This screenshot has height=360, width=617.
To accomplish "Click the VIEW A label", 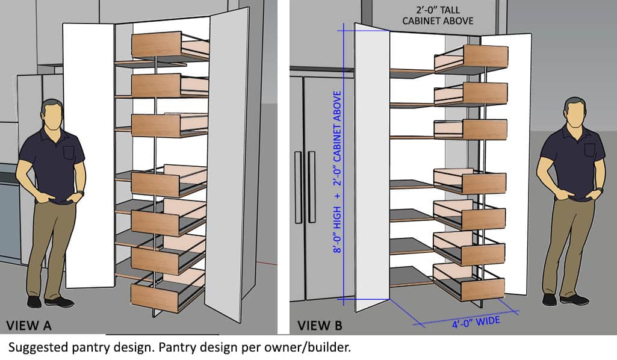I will coord(28,326).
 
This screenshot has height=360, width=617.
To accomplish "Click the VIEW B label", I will coord(320,326).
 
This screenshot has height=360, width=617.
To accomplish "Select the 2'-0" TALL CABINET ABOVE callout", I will coord(438,16).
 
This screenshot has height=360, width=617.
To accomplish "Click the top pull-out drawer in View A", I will coord(156,45).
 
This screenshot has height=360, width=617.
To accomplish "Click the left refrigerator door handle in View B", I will coord(298,187).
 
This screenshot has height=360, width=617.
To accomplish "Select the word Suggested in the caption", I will coord(34,347).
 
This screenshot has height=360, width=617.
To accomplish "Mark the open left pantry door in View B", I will coord(371,169).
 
